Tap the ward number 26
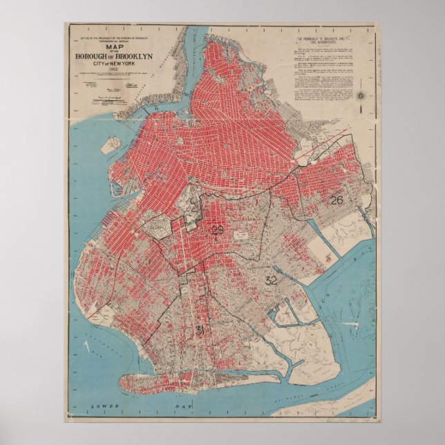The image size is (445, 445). (x=336, y=200)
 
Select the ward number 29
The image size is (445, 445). (x=218, y=230)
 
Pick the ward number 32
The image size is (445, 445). (x=271, y=281)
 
